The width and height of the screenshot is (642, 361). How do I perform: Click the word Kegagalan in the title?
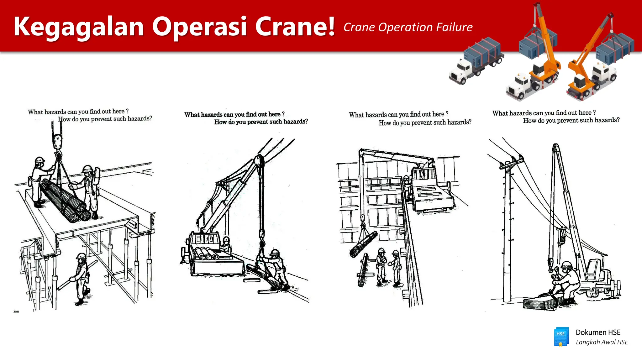pos(79,27)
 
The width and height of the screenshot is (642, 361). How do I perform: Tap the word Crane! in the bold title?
pos(295,27)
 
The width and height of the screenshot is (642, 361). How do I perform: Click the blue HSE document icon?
pos(561,337)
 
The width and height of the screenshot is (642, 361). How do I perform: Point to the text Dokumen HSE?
pos(598,332)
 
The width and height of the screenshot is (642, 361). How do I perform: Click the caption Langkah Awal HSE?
pos(602,342)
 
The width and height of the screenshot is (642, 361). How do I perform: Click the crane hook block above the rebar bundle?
pos(57,142)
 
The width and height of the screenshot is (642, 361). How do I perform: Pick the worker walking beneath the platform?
pos(81,279)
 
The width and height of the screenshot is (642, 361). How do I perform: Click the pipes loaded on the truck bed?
pos(207,253)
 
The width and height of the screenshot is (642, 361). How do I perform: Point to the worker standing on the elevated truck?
pos(407,188)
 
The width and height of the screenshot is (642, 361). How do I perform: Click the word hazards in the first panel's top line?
pos(55,112)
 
